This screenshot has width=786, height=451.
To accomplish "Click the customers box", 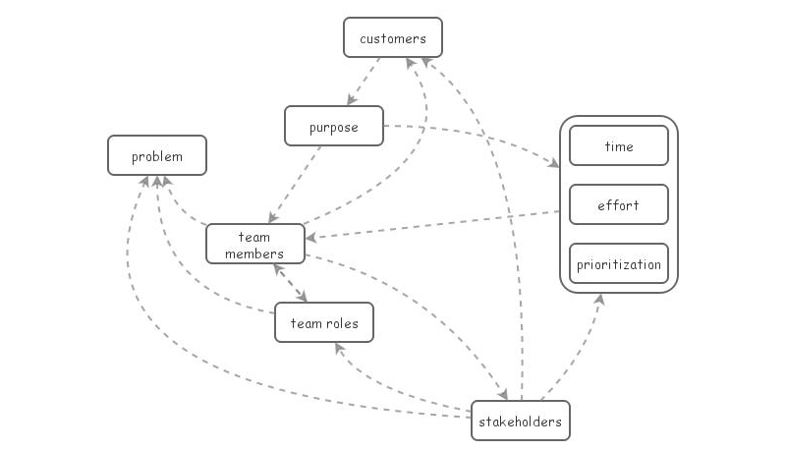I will pyautogui.click(x=392, y=38).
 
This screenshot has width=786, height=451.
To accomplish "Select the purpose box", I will pyautogui.click(x=333, y=127).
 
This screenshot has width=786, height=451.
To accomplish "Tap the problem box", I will pyautogui.click(x=157, y=155).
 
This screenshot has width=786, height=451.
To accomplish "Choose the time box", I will pyautogui.click(x=618, y=146).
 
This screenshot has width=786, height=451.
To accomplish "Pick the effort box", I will pyautogui.click(x=618, y=205).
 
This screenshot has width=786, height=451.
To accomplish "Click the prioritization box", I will pyautogui.click(x=618, y=264).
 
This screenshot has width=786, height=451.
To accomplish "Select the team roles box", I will pyautogui.click(x=323, y=322).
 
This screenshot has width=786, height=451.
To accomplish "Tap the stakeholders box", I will pyautogui.click(x=520, y=422).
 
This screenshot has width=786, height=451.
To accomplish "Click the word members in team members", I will pyautogui.click(x=253, y=254).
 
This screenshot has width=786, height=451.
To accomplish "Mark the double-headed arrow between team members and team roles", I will pyautogui.click(x=291, y=283).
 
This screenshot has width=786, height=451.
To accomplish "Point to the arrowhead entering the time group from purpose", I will pyautogui.click(x=551, y=162).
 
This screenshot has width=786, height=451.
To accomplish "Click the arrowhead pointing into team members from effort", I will pyautogui.click(x=310, y=237).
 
